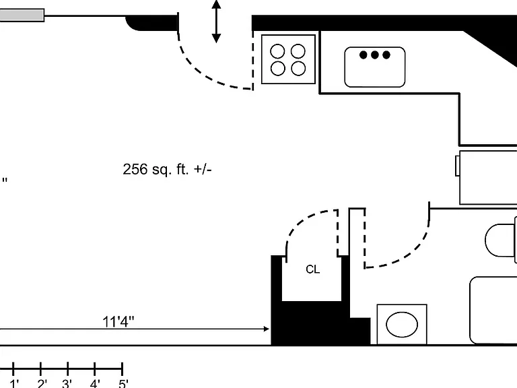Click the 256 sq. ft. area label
(x=167, y=169)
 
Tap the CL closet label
(x=312, y=269)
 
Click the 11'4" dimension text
(x=118, y=322)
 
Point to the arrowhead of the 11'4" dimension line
(x=267, y=329)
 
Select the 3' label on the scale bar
(x=67, y=384)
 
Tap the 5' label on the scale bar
(x=123, y=384)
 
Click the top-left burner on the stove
(x=277, y=51)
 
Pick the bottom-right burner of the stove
(x=298, y=68)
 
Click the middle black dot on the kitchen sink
(x=374, y=55)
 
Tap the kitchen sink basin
(x=374, y=67)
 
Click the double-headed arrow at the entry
(x=216, y=22)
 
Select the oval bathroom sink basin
(x=402, y=324)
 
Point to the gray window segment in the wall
(x=22, y=15)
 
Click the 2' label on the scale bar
(x=42, y=384)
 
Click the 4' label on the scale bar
(x=95, y=384)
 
